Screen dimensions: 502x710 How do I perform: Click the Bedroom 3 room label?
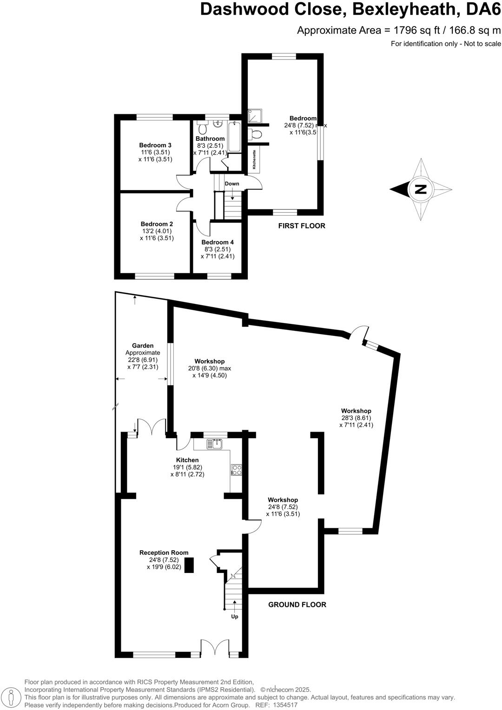pyautogui.click(x=155, y=145)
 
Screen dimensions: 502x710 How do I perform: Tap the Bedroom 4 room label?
pyautogui.click(x=218, y=242)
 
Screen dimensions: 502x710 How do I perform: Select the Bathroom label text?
pyautogui.click(x=210, y=138)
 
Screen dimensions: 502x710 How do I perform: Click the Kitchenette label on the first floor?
pyautogui.click(x=254, y=159)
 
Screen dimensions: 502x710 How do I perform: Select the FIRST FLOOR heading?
pyautogui.click(x=302, y=226)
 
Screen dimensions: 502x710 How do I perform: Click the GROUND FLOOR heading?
pyautogui.click(x=297, y=605)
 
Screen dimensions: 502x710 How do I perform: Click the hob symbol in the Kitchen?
pyautogui.click(x=236, y=470)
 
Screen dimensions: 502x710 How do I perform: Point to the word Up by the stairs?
pyautogui.click(x=235, y=617)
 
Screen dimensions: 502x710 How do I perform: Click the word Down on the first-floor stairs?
pyautogui.click(x=232, y=184)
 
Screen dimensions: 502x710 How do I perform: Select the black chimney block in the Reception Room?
pyautogui.click(x=189, y=565)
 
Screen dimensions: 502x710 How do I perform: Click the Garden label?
pyautogui.click(x=143, y=346)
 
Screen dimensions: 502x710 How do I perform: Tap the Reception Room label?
pyautogui.click(x=164, y=553)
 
